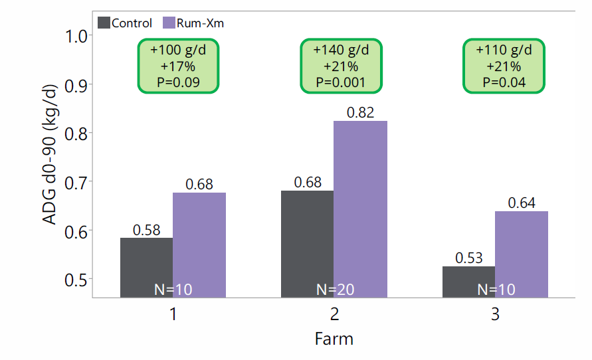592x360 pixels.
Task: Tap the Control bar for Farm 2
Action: [307, 243]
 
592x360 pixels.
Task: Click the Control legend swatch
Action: [104, 23]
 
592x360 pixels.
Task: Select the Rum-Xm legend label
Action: [202, 23]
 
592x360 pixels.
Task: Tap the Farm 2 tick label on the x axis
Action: [334, 314]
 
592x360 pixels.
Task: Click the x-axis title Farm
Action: [334, 339]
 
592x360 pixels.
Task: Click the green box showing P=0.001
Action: [341, 66]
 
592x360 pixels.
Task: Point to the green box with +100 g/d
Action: [178, 66]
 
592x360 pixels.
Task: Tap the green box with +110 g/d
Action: [504, 66]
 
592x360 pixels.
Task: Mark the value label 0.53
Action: [468, 258]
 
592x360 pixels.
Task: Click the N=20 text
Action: [334, 290]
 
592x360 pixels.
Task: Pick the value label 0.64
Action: [522, 203]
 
